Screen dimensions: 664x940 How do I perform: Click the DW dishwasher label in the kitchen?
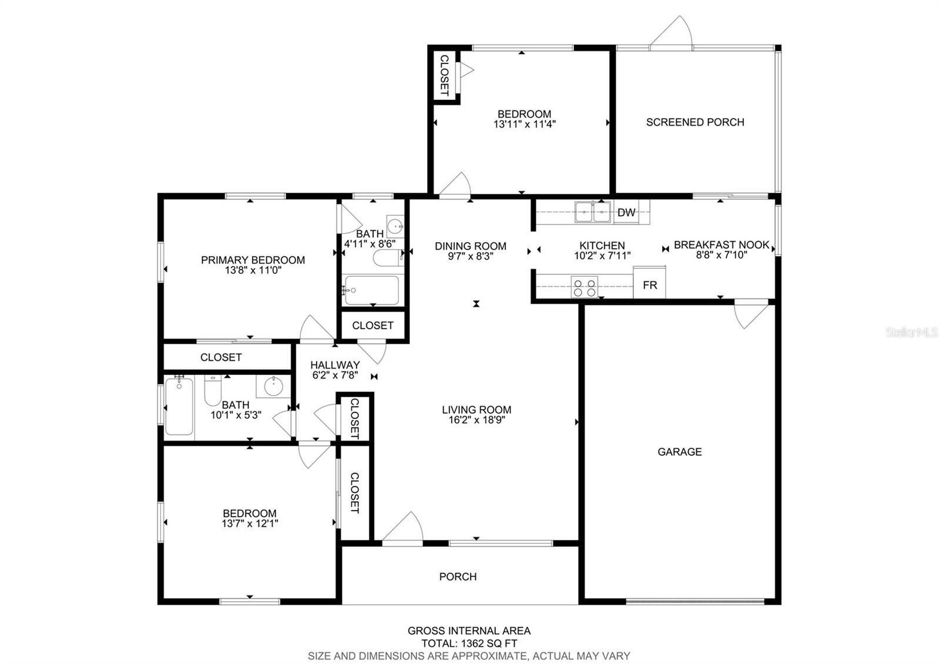coord(626,213)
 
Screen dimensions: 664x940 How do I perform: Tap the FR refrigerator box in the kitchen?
coord(650,285)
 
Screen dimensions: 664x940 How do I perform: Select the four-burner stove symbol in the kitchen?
coord(585,287)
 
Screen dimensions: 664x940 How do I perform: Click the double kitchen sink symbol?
coord(593,212)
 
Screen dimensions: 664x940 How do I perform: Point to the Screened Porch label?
coord(695,122)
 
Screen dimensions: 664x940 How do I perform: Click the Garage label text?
coord(679,452)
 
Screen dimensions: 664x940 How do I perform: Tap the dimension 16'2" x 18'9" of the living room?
coord(476,420)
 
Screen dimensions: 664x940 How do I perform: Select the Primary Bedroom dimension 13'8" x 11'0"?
coord(253,270)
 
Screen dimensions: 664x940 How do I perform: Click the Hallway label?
coord(335,365)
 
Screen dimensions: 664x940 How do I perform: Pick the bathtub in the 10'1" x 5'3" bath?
coord(179,407)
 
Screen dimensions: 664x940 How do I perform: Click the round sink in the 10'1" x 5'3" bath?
coord(273,387)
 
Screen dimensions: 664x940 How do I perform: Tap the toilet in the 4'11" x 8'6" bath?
coord(387,257)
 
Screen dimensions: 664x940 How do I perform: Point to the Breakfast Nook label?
coord(721,245)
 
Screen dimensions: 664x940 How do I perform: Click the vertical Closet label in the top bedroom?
coord(445,75)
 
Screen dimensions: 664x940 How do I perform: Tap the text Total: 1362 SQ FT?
coord(469,643)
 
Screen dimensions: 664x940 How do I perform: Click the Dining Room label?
coord(471,246)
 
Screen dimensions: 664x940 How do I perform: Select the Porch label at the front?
coord(458,577)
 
